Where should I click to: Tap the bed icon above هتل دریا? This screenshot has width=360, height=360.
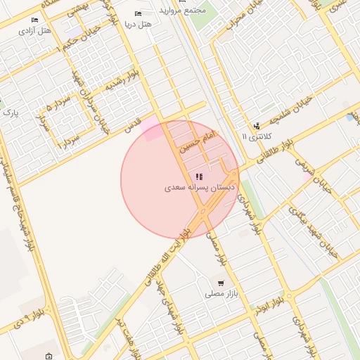click(138, 13)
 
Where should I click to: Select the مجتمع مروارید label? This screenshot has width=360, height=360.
click(182, 11)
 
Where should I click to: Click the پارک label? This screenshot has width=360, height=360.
click(9, 112)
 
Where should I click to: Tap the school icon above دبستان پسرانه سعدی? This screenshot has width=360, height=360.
click(198, 177)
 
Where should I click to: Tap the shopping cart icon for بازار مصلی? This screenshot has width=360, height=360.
click(221, 283)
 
